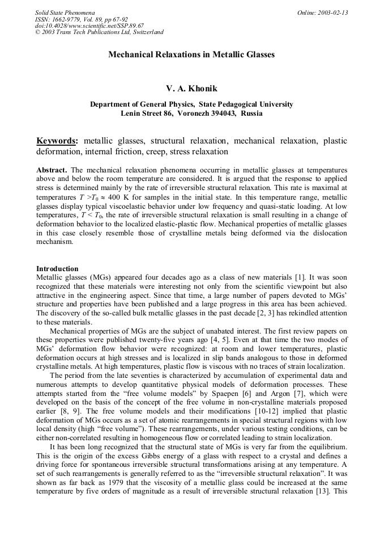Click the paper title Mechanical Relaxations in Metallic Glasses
click(x=191, y=55)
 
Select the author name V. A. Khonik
click(x=191, y=89)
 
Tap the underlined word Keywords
click(x=57, y=141)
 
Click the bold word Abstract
click(x=52, y=170)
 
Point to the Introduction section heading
click(x=57, y=268)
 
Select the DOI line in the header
click(x=89, y=26)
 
